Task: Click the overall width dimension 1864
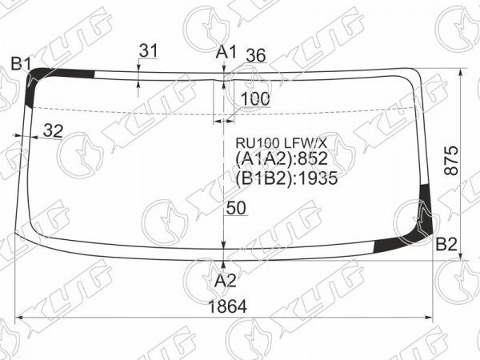[x=227, y=306]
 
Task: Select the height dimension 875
[x=451, y=161]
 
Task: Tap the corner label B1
[x=21, y=64]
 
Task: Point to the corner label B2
[x=446, y=244]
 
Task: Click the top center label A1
[x=226, y=52]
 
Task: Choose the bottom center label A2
[x=225, y=281]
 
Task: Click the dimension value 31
[x=148, y=50]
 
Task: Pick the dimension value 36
[x=256, y=56]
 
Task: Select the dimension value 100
[x=255, y=99]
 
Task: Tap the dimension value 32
[x=53, y=130]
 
